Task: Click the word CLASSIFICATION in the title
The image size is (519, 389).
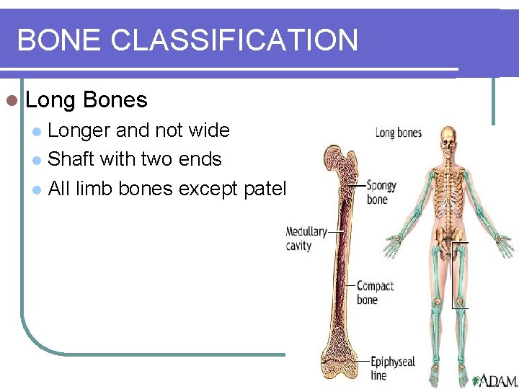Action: click(x=234, y=40)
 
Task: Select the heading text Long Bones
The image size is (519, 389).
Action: click(x=86, y=99)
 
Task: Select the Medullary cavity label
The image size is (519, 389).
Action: click(x=306, y=238)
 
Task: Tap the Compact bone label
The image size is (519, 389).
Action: click(x=374, y=292)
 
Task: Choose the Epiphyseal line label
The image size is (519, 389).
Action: click(x=392, y=368)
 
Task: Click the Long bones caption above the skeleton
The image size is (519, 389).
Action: click(x=398, y=133)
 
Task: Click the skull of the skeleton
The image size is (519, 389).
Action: click(x=450, y=139)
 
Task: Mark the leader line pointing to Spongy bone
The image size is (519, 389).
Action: click(x=355, y=186)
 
